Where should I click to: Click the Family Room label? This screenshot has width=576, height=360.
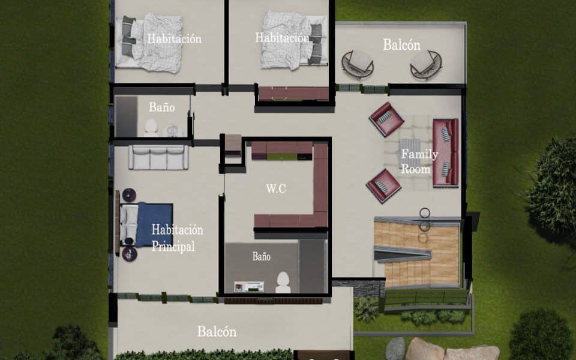[419, 161]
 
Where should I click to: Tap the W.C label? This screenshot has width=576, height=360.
[276, 188]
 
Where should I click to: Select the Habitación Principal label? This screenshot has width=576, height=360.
[177, 238]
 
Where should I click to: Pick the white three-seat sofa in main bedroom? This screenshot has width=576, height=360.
[158, 158]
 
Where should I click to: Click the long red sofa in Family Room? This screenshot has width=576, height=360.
[446, 152]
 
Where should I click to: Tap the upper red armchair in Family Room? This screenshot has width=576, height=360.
[386, 119]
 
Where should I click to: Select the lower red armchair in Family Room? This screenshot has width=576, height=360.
[383, 185]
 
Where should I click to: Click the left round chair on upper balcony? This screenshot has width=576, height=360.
[358, 64]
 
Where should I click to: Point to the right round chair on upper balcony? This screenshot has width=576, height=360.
[426, 64]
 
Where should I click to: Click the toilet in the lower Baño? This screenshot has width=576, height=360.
[283, 282]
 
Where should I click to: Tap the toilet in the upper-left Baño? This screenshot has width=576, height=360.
[151, 127]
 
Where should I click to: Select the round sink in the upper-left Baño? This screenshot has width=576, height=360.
[172, 130]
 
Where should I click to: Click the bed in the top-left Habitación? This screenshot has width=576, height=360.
[149, 43]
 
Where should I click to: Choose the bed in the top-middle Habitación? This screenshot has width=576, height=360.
[294, 40]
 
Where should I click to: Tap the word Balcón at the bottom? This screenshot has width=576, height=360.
[217, 331]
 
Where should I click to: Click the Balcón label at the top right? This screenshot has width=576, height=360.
[401, 45]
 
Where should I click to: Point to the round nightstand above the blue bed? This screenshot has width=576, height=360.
[129, 195]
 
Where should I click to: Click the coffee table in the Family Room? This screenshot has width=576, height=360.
[410, 152]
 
